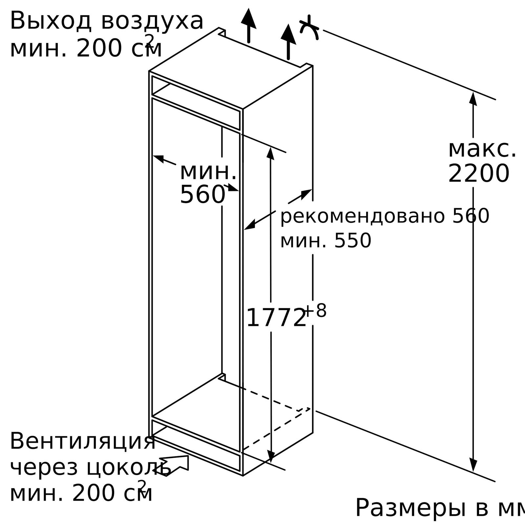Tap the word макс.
[482, 149]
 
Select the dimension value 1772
[276, 318]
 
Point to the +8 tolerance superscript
[316, 310]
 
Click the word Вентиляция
[83, 441]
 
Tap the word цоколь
[129, 467]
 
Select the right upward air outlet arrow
[288, 42]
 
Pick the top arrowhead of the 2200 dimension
[473, 99]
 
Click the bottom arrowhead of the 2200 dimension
[473, 465]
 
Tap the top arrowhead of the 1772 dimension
[270, 154]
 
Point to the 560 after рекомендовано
[471, 216]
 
